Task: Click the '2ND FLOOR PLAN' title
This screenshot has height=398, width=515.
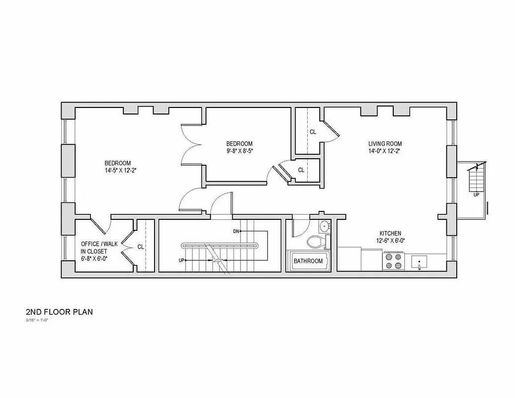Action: coord(59,312)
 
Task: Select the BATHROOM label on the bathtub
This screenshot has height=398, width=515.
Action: coord(308,261)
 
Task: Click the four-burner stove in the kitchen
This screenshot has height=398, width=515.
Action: coord(393,261)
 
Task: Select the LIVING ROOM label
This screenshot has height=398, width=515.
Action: coord(384,143)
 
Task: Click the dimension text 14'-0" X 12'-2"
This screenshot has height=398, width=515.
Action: coord(384,151)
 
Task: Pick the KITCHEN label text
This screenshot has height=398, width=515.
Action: coord(390,233)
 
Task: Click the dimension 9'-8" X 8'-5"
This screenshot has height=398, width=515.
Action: coord(240,151)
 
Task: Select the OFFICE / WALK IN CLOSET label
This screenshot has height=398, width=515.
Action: coord(99,251)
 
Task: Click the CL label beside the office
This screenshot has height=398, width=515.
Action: coord(141,246)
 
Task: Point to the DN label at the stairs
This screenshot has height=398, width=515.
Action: coord(237,231)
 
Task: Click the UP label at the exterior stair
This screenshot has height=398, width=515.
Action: coord(476,195)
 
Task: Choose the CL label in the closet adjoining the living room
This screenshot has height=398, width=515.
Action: coord(313,132)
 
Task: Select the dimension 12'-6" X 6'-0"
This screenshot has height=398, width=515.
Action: coord(390,241)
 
